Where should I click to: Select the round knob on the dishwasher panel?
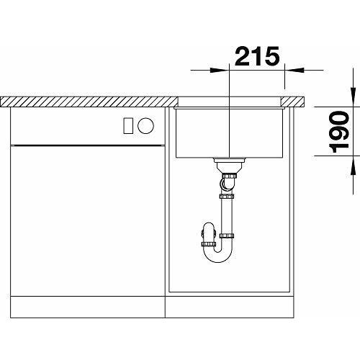click(145, 125)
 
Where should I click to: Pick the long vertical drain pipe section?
click(229, 216)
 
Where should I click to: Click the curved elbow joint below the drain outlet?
click(227, 186)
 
